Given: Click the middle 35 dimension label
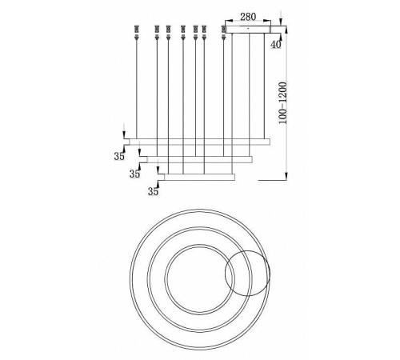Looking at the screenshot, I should (x=135, y=174).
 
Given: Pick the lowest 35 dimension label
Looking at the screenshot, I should (x=152, y=191).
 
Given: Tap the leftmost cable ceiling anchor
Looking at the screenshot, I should (x=140, y=33).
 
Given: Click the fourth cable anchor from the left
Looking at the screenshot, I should (x=183, y=33).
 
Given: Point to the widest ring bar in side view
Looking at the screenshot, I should (x=203, y=141).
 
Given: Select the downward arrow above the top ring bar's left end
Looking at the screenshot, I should (x=124, y=134).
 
